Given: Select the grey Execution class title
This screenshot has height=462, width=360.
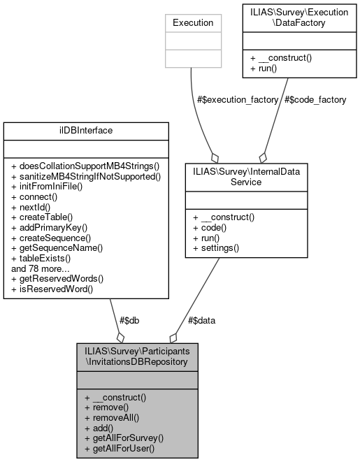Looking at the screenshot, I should [193, 22].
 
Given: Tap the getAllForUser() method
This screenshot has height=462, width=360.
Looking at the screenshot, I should [120, 447].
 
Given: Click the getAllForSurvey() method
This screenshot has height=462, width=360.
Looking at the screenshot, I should [124, 438].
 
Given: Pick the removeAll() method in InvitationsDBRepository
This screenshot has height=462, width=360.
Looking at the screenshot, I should [113, 417].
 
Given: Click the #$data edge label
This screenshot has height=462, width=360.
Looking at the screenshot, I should [202, 321].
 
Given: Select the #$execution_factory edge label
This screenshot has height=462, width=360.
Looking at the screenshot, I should [236, 100].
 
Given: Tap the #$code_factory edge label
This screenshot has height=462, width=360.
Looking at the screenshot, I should [315, 100].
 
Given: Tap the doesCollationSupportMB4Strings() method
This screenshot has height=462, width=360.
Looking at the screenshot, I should [85, 166].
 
